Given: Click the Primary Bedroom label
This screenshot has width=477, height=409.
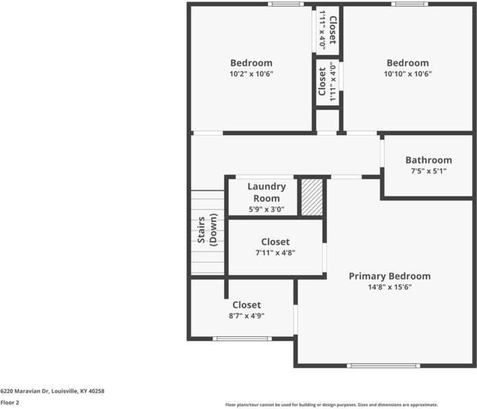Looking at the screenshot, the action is click(390, 277).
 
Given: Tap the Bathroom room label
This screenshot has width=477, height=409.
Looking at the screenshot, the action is click(428, 160).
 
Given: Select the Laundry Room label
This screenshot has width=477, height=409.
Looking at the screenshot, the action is click(267, 192).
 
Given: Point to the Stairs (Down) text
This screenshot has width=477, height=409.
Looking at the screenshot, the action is click(208, 230).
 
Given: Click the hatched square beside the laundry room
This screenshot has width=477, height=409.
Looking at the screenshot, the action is click(312, 198).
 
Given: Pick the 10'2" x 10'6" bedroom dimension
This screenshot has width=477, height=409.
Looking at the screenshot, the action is click(252, 73).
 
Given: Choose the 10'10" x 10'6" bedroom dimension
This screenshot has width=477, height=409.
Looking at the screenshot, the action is click(408, 73).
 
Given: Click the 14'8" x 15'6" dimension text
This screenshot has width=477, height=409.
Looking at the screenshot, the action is click(390, 287).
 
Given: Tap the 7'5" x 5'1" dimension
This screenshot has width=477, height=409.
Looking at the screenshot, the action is click(428, 171).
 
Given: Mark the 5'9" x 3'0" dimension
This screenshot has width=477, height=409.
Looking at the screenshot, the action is click(267, 209).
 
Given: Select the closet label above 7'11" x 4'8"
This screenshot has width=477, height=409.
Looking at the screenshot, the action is click(276, 242).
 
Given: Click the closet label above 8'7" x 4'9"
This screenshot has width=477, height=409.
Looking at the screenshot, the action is click(247, 305).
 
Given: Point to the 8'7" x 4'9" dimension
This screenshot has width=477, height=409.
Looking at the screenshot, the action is click(247, 316).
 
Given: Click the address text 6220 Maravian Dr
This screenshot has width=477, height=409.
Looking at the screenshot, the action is click(25, 391).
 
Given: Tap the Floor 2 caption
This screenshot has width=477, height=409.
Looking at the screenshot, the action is click(10, 403).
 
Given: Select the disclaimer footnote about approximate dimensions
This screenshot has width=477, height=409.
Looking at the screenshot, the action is click(332, 405).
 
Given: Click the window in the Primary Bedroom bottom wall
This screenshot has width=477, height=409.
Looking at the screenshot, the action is click(383, 366).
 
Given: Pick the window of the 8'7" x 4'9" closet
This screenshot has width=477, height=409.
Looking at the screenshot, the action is click(242, 338).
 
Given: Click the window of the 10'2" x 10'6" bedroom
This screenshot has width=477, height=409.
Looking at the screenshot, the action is click(286, 4).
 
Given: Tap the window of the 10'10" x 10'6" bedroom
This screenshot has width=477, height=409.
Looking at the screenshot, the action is click(409, 4).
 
